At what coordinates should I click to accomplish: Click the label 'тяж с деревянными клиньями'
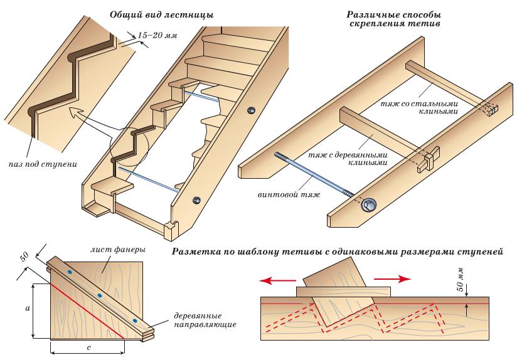coord(348,158)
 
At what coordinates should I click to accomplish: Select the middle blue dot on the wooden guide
coord(99,295)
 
